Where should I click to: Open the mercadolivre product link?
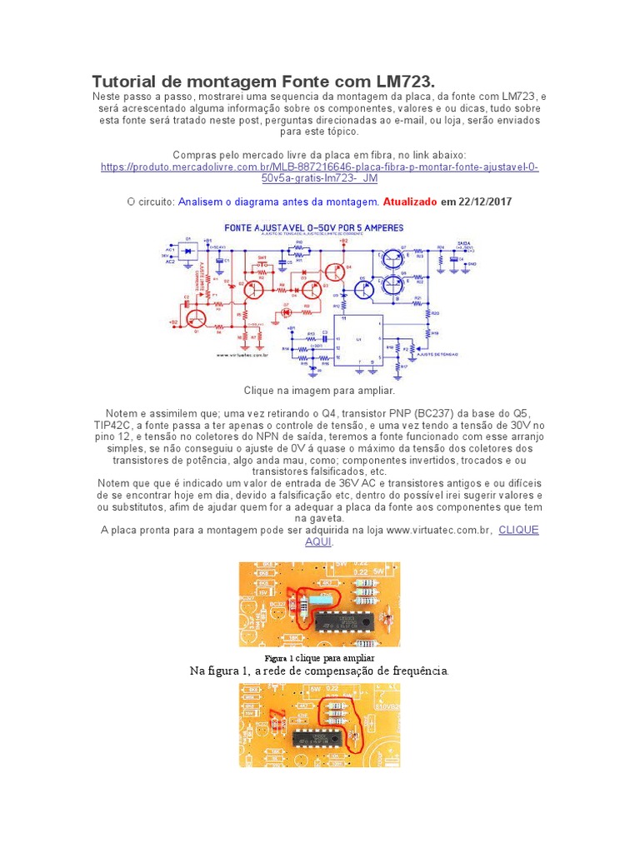(x=319, y=172)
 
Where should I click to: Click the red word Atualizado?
(x=410, y=202)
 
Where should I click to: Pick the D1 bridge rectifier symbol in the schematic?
(x=188, y=250)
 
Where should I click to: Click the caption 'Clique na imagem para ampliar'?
(x=318, y=390)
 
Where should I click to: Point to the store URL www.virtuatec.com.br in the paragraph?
(x=438, y=530)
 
